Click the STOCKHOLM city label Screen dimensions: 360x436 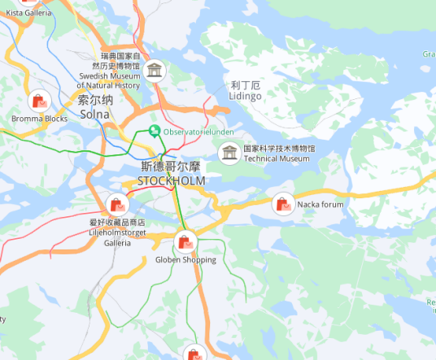[171, 180]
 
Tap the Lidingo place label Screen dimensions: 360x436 [246, 96]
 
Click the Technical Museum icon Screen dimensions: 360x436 [230, 152]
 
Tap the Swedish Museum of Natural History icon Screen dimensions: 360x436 [154, 71]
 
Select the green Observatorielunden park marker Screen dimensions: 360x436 [154, 131]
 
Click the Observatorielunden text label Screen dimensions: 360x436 [198, 131]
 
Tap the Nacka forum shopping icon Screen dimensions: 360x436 [283, 204]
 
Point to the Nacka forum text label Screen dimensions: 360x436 [320, 205]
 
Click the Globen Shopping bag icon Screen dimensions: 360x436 [185, 241]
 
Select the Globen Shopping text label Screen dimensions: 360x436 [185, 260]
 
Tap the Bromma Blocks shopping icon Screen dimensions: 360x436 [39, 102]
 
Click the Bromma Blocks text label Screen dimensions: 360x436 [39, 119]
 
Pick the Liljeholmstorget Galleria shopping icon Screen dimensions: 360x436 [117, 205]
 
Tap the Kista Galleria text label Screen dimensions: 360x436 [28, 13]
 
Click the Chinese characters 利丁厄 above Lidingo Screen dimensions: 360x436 [245, 85]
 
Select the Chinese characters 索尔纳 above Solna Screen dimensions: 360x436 [95, 101]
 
